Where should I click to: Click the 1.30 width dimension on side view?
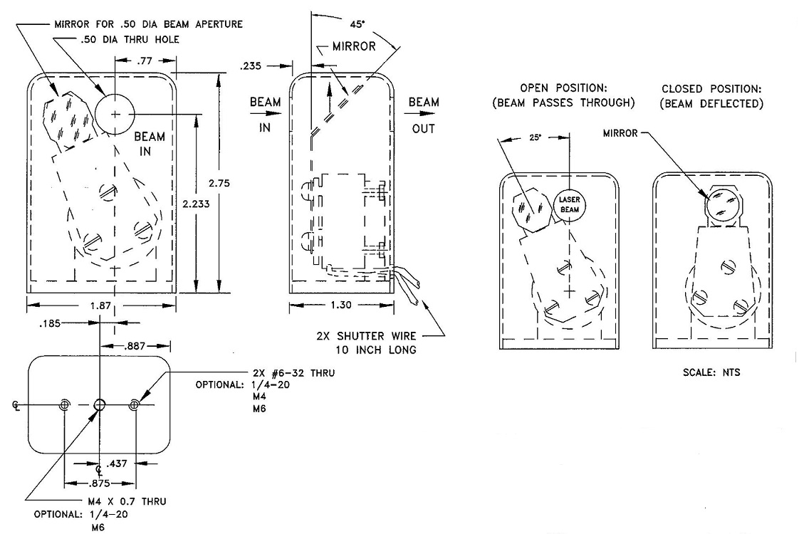pos(341,305)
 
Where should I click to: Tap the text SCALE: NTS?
pos(712,372)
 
